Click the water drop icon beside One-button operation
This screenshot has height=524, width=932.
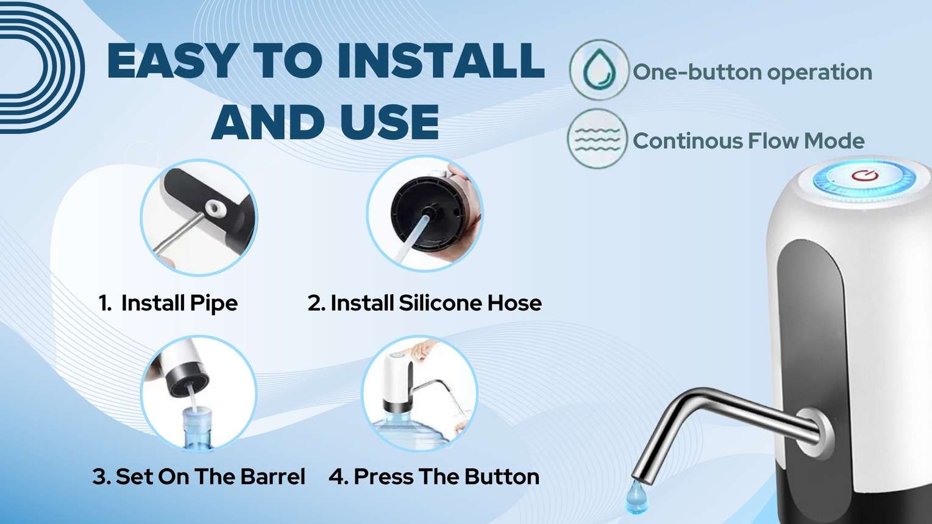point(599,69)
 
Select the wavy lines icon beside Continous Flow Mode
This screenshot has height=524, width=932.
point(597,138)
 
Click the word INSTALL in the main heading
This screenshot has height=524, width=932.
point(440,61)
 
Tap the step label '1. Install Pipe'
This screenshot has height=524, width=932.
point(168,303)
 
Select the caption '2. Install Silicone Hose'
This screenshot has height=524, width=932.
point(425,303)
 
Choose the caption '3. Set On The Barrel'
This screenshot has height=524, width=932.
point(199,476)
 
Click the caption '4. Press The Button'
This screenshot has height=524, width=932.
point(434,476)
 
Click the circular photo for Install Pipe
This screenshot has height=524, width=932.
point(199,218)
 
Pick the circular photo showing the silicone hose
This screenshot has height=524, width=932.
point(424,214)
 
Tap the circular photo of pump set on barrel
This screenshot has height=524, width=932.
point(199,393)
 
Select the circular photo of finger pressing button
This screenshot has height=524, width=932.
point(419,393)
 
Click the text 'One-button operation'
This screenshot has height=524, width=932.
point(752,72)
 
